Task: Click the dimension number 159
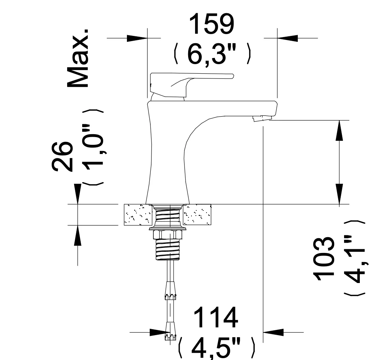coord(212,24)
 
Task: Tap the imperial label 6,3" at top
coord(212,54)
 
